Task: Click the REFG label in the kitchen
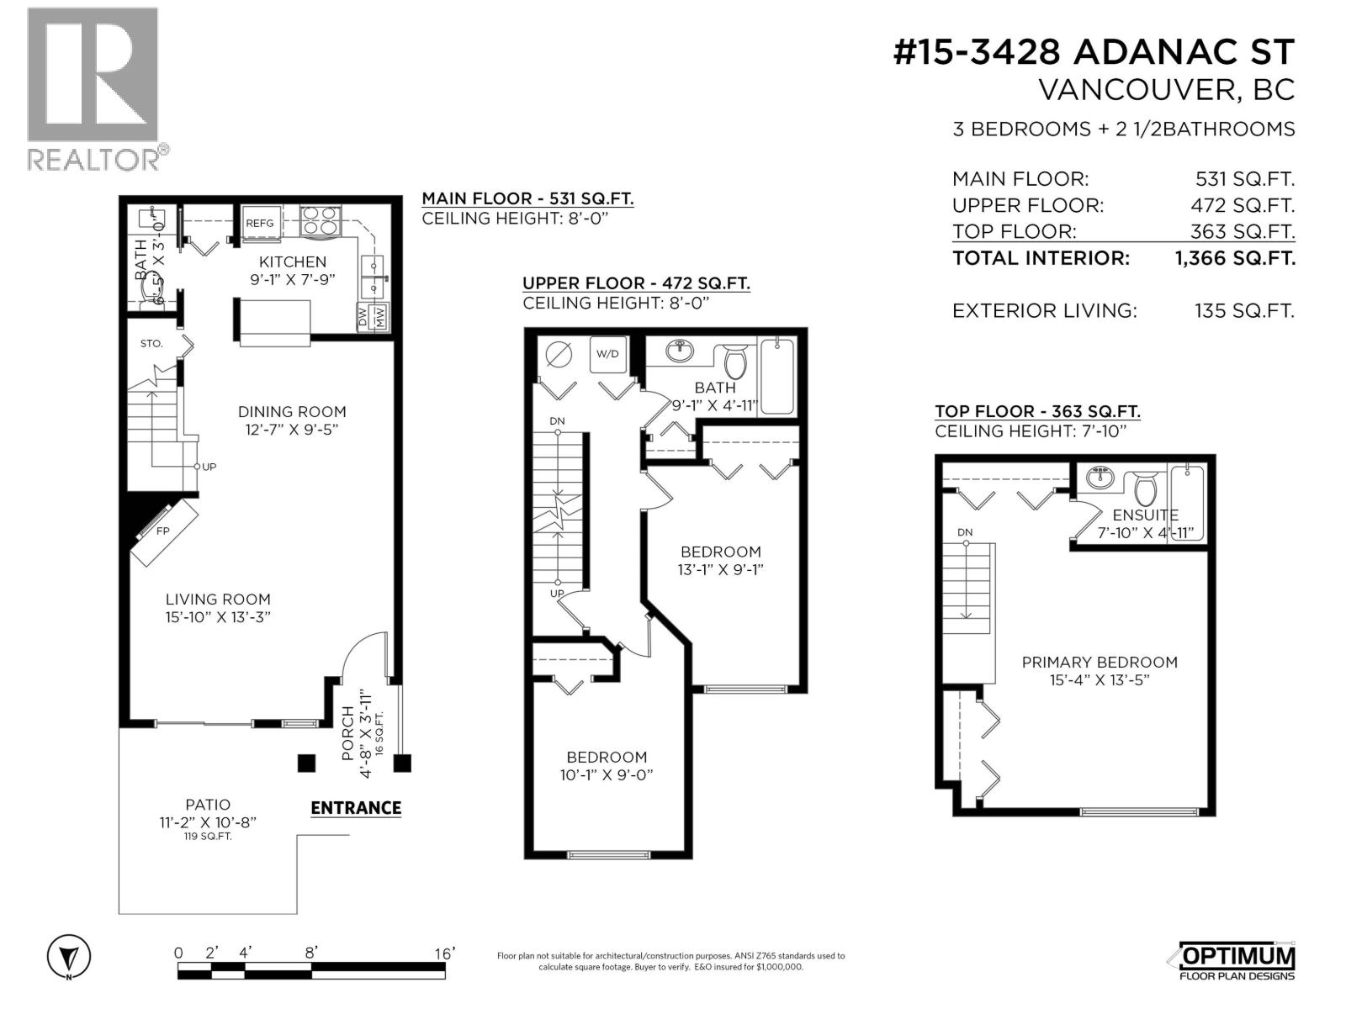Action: tap(260, 223)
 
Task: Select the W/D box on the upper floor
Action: tap(607, 354)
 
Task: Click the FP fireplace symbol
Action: tap(164, 531)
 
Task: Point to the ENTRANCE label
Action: tap(356, 808)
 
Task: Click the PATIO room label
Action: tap(208, 805)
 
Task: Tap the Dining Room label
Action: tap(292, 412)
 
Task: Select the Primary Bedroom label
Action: tap(1100, 663)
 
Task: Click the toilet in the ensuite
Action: tap(1146, 488)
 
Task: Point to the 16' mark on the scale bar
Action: tap(444, 954)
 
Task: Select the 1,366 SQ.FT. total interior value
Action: tap(1235, 258)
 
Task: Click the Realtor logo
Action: tap(93, 88)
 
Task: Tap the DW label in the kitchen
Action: tap(363, 317)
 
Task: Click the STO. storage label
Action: tap(151, 344)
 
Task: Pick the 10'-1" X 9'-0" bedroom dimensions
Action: tap(606, 775)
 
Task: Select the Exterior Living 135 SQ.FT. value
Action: tap(1244, 311)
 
